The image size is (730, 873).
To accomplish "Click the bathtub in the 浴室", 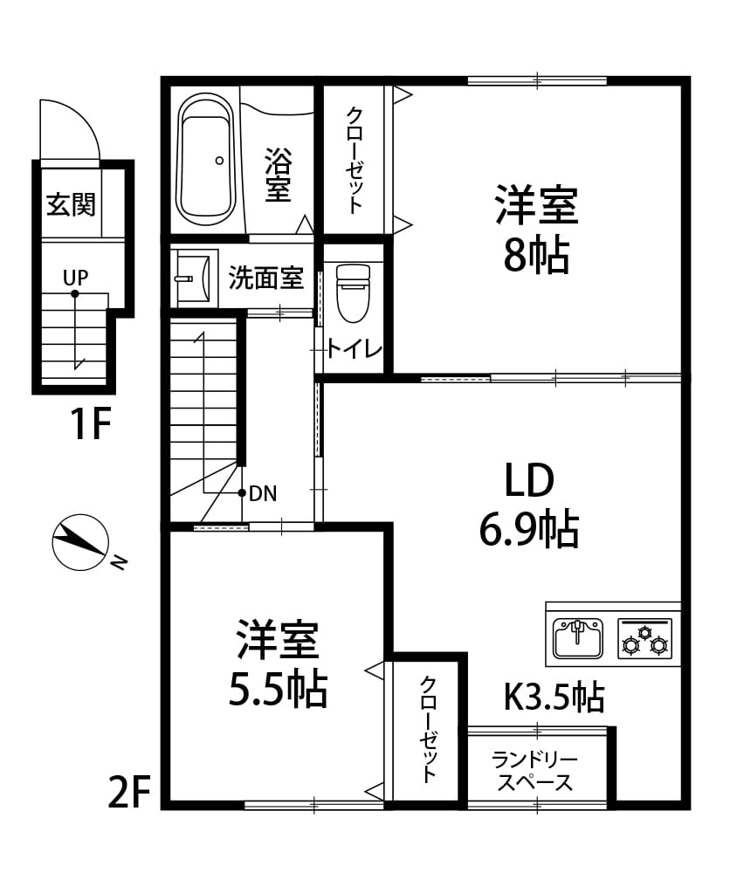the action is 205,159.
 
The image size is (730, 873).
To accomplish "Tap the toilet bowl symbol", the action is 353,293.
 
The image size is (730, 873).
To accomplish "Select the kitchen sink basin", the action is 577,637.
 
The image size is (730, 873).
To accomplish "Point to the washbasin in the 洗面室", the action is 193,277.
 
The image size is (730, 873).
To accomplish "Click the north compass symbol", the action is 80,542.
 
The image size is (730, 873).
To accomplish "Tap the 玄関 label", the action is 72,205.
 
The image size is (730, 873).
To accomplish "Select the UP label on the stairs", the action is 75,278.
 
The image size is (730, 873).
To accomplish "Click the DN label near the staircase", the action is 263,493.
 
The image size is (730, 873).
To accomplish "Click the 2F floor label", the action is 130,793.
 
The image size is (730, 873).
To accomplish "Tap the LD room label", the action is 529,480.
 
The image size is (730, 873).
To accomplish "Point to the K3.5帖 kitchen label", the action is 554,697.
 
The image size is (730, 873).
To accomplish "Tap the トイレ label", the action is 355,349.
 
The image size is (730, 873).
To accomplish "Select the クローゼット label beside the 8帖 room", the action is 355,161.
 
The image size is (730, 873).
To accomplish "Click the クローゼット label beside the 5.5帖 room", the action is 428,730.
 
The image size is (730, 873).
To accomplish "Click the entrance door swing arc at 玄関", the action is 84,120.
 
